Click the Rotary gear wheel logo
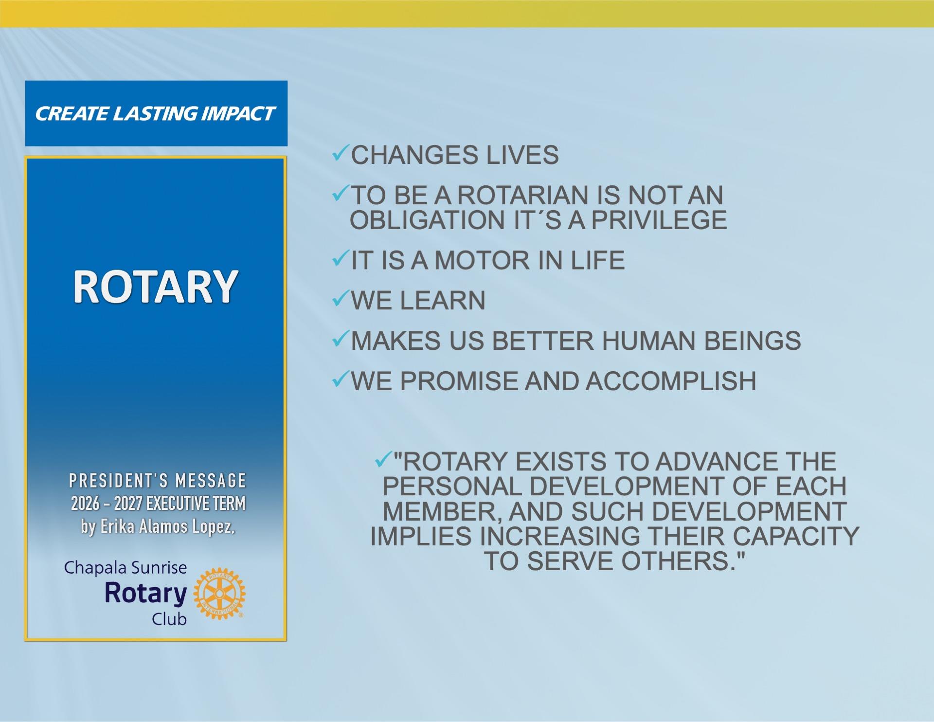click(x=219, y=594)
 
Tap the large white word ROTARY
click(x=156, y=287)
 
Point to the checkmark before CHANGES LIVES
click(x=340, y=155)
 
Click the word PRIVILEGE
click(x=659, y=220)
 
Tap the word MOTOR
click(x=481, y=260)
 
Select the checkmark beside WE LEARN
click(x=340, y=299)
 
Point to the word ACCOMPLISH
click(x=671, y=381)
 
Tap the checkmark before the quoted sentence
click(x=383, y=460)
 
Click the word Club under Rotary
click(x=169, y=619)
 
